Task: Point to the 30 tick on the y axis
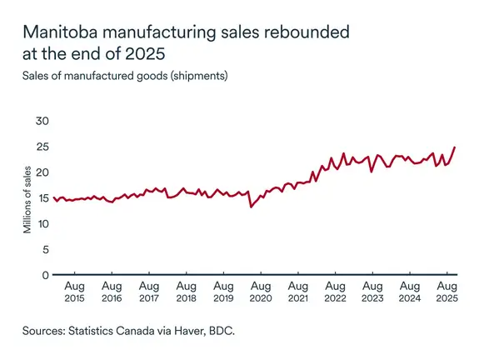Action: click(42, 121)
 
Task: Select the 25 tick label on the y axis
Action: click(42, 147)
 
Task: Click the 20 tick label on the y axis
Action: click(42, 172)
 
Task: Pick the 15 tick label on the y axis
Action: click(42, 197)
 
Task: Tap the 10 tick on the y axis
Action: click(42, 223)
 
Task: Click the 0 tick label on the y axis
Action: click(46, 275)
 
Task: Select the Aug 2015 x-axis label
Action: click(75, 292)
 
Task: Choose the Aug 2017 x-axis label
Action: click(149, 292)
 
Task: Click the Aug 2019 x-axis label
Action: click(223, 292)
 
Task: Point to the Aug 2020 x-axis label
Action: click(261, 292)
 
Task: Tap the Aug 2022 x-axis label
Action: click(335, 292)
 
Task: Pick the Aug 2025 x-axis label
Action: click(447, 292)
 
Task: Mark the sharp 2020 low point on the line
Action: click(251, 206)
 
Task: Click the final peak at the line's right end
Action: click(454, 147)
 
